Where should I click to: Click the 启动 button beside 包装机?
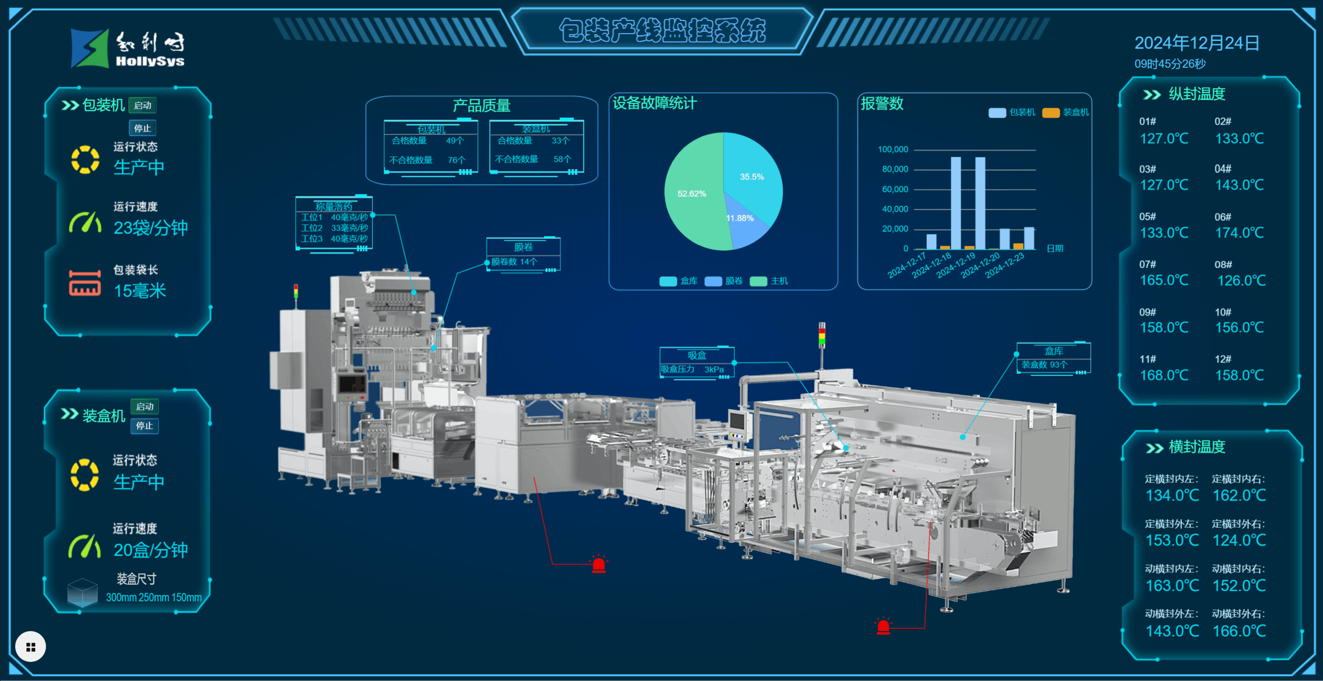point(142,105)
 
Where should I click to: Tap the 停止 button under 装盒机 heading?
point(144,426)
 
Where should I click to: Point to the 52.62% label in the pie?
point(692,194)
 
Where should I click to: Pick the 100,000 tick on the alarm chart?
point(893,150)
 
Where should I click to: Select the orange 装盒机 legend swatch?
point(1051,113)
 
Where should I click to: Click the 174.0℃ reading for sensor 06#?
point(1239,232)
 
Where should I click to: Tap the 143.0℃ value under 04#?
point(1239,185)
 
